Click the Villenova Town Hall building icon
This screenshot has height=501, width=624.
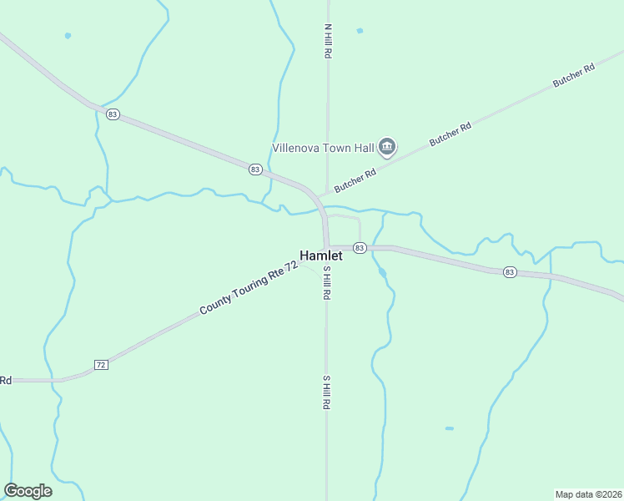pos(387,148)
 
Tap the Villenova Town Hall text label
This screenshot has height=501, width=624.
pos(324,148)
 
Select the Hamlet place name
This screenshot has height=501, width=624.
pos(321,256)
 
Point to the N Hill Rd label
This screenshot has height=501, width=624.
pos(328,40)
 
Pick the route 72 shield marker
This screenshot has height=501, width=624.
pos(101,365)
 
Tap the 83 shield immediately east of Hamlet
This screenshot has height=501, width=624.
pos(360,248)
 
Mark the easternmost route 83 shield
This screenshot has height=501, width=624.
pos(509,272)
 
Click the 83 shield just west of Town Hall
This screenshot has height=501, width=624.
pos(255,170)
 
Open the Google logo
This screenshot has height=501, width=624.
pos(28,491)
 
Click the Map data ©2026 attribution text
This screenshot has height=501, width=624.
pos(589,493)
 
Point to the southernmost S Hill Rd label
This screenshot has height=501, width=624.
pos(328,392)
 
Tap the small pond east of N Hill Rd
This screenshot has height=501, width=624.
pos(360,31)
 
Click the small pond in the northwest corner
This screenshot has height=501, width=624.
pos(68,35)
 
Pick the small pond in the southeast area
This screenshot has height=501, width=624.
pos(449,428)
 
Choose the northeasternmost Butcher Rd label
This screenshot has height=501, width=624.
pos(573,76)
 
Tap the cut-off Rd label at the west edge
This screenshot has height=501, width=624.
pos(5,380)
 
